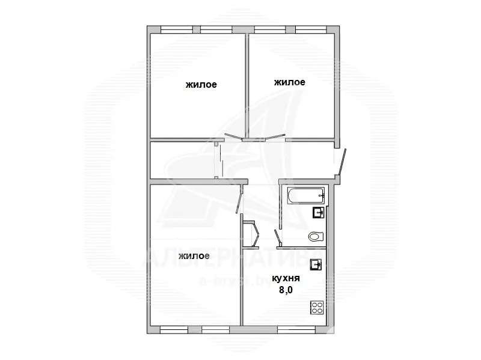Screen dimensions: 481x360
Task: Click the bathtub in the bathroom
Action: pyautogui.click(x=306, y=195)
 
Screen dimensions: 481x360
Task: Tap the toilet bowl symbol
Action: pyautogui.click(x=316, y=236)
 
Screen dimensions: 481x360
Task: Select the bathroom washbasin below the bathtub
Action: pyautogui.click(x=318, y=212)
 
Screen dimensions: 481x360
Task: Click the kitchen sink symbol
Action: pyautogui.click(x=316, y=264)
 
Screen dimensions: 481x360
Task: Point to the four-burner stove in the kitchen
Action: pyautogui.click(x=317, y=308)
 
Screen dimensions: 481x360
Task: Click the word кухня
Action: pyautogui.click(x=286, y=278)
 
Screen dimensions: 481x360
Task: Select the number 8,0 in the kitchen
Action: pyautogui.click(x=286, y=290)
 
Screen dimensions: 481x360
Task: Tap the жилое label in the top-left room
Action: pyautogui.click(x=201, y=85)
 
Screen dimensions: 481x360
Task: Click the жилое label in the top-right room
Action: pyautogui.click(x=289, y=82)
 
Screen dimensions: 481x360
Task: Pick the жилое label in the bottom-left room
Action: pyautogui.click(x=194, y=255)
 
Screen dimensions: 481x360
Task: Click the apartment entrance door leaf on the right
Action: pyautogui.click(x=342, y=162)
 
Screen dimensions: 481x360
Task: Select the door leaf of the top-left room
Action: pyautogui.click(x=233, y=136)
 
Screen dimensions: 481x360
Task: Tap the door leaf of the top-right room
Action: pyautogui.click(x=275, y=137)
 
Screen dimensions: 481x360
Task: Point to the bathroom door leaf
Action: pyautogui.click(x=278, y=237)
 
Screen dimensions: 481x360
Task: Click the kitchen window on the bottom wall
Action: pyautogui.click(x=296, y=330)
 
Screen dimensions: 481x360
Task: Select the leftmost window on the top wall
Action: pyautogui.click(x=176, y=29)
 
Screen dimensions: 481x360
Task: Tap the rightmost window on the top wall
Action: pyautogui.click(x=311, y=29)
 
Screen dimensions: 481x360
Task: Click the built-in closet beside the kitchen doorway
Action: pyautogui.click(x=250, y=234)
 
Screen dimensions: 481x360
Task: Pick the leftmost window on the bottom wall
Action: pyautogui.click(x=174, y=330)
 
